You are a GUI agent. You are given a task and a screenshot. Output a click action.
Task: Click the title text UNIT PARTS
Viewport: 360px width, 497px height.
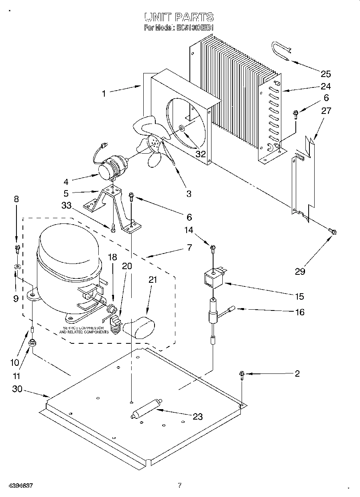pos(179,17)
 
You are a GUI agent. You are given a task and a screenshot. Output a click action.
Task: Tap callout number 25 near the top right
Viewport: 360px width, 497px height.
pos(325,73)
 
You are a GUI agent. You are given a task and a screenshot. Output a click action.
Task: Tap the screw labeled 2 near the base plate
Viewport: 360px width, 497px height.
pos(242,375)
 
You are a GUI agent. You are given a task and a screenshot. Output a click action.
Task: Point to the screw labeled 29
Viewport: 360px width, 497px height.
pos(332,231)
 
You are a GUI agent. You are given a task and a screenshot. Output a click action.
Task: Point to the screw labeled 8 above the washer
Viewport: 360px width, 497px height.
pos(16,248)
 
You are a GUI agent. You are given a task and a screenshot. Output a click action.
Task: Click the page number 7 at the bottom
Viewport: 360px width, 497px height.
pos(180,485)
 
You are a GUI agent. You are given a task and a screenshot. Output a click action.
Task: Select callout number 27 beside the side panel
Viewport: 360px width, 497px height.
pos(326,110)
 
